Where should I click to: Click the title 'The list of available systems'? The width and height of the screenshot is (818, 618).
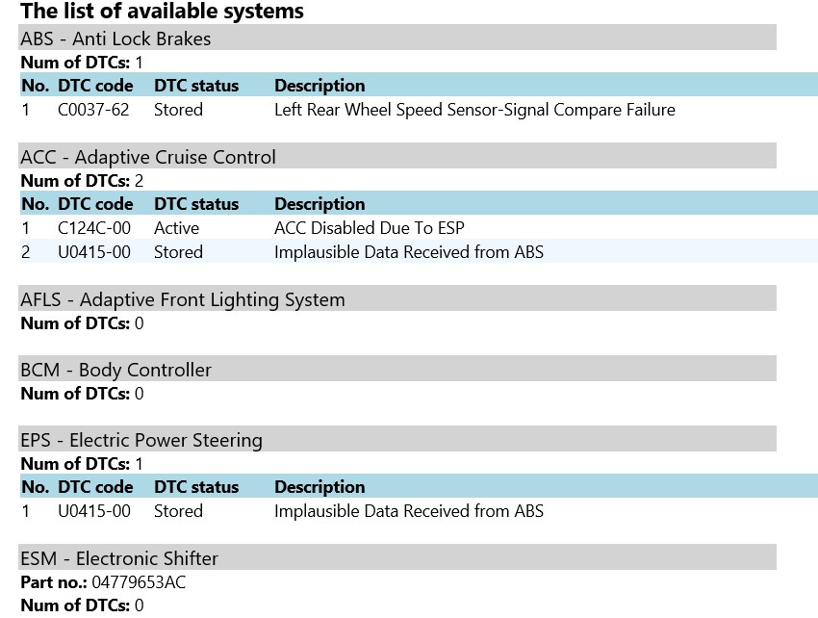162,12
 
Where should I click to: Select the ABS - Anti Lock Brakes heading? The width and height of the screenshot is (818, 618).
115,39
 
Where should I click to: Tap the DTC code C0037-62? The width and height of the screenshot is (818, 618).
93,110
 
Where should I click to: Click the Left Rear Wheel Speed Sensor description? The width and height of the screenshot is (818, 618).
474,110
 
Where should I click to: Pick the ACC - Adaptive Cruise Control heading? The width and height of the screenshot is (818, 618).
148,157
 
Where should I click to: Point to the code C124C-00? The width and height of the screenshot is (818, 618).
94,228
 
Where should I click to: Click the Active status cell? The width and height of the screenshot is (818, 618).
176,228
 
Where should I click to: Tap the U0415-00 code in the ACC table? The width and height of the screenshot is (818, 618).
94,252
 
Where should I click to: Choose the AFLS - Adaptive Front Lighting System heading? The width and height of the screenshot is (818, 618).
183,299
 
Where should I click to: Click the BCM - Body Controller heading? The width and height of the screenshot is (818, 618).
115,370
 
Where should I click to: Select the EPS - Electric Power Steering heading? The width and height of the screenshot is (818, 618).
141,440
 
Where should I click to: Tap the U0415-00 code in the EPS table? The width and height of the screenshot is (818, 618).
94,511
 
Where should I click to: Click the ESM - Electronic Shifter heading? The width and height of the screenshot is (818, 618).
119,558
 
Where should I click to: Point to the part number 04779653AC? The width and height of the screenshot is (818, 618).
139,582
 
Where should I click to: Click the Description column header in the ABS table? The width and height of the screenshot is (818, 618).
320,86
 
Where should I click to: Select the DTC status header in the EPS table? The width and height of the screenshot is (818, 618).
196,487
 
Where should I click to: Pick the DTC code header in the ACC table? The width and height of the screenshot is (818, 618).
95,204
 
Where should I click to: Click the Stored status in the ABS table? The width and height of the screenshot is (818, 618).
178,110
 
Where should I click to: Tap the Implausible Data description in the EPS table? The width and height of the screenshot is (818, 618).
409,511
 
